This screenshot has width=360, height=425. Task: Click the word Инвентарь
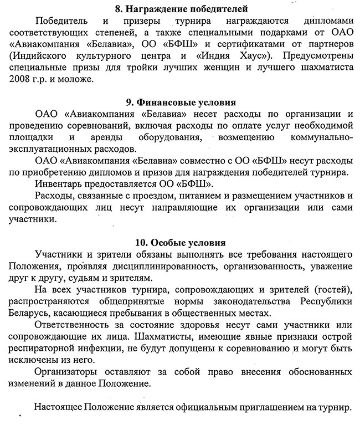click(x=60, y=184)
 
